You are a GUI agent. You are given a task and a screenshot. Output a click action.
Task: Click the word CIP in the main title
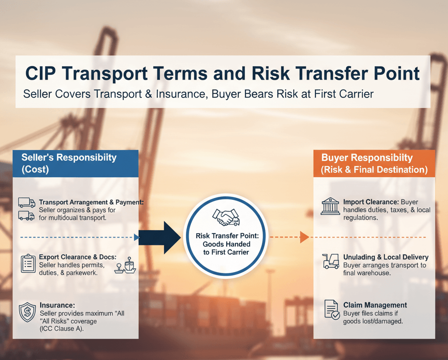point(42,73)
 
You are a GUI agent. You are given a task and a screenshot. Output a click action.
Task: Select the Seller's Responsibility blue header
point(75,163)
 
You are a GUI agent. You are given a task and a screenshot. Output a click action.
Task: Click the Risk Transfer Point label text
point(227,236)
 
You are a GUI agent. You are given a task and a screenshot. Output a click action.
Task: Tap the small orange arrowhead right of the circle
point(304,238)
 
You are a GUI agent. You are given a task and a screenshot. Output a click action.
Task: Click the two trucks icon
point(26,209)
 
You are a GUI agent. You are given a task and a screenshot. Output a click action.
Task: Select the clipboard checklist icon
point(28,263)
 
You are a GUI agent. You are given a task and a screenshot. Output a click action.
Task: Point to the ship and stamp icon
point(126,266)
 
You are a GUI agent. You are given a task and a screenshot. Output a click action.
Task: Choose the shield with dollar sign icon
point(27,313)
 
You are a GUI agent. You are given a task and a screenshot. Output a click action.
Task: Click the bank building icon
point(330,206)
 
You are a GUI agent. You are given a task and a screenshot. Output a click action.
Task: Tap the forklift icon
point(330,261)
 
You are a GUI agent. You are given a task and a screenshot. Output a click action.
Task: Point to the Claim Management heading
point(375,305)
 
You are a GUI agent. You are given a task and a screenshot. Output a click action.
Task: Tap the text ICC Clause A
point(61,329)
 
